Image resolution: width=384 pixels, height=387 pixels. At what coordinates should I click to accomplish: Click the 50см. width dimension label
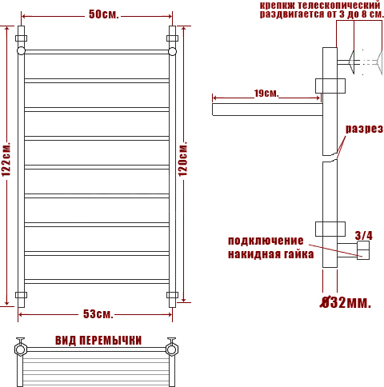pyautogui.click(x=103, y=14)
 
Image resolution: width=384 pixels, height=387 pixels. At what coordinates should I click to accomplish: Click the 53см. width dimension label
pyautogui.click(x=98, y=314)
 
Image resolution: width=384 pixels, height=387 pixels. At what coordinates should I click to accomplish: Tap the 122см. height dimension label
pyautogui.click(x=6, y=160)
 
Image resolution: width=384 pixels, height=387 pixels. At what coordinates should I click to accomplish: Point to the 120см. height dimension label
pyautogui.click(x=182, y=159)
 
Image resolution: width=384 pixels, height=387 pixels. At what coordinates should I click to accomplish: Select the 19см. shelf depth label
pyautogui.click(x=266, y=94)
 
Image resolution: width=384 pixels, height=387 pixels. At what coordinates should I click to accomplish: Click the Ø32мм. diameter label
pyautogui.click(x=346, y=302)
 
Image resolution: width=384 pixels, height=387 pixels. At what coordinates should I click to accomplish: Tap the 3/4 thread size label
pyautogui.click(x=364, y=236)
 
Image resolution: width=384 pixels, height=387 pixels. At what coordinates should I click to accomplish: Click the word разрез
pyautogui.click(x=364, y=129)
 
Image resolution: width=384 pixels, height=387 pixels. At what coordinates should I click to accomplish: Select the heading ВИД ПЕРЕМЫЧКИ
pyautogui.click(x=98, y=341)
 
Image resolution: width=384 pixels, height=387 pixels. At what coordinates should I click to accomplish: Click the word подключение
pyautogui.click(x=266, y=241)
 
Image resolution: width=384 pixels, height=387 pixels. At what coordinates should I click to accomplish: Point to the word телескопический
pyautogui.click(x=339, y=5)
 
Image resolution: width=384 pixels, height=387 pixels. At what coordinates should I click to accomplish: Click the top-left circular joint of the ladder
pyautogui.click(x=21, y=51)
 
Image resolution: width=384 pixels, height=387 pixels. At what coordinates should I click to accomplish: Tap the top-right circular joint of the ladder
pyautogui.click(x=173, y=51)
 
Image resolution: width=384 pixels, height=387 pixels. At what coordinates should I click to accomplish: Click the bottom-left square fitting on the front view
pyautogui.click(x=21, y=295)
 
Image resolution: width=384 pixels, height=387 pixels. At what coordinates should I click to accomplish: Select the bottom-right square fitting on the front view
pyautogui.click(x=173, y=295)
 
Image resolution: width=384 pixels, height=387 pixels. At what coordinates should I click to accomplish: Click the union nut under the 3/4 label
pyautogui.click(x=363, y=250)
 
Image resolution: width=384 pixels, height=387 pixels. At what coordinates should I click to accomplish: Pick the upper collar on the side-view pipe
pyautogui.click(x=330, y=86)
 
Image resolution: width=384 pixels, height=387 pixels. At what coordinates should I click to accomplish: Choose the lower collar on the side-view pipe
pyautogui.click(x=330, y=229)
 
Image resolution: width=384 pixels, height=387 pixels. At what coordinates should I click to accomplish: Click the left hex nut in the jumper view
pyautogui.click(x=21, y=349)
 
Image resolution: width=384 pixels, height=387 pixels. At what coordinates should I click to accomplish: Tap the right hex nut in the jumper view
pyautogui.click(x=172, y=349)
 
